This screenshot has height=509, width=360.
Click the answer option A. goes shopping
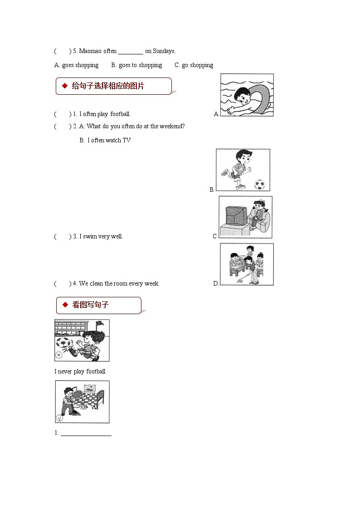tap(76, 65)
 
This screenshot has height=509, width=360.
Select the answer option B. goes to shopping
tap(136, 65)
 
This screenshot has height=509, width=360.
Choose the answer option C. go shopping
tap(194, 65)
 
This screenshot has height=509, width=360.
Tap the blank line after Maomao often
tap(131, 52)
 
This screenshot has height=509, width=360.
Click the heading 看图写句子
tap(91, 305)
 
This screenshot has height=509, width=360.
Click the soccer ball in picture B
tap(259, 184)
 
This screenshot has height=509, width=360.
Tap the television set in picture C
tap(236, 216)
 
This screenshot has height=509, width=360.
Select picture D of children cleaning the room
tap(247, 264)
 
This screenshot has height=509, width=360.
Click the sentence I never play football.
tap(80, 372)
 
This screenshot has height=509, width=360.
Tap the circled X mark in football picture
tap(58, 355)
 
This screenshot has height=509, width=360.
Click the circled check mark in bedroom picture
tap(59, 418)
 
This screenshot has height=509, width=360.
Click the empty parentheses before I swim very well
tap(63, 237)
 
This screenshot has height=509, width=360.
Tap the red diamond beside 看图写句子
tap(64, 305)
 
